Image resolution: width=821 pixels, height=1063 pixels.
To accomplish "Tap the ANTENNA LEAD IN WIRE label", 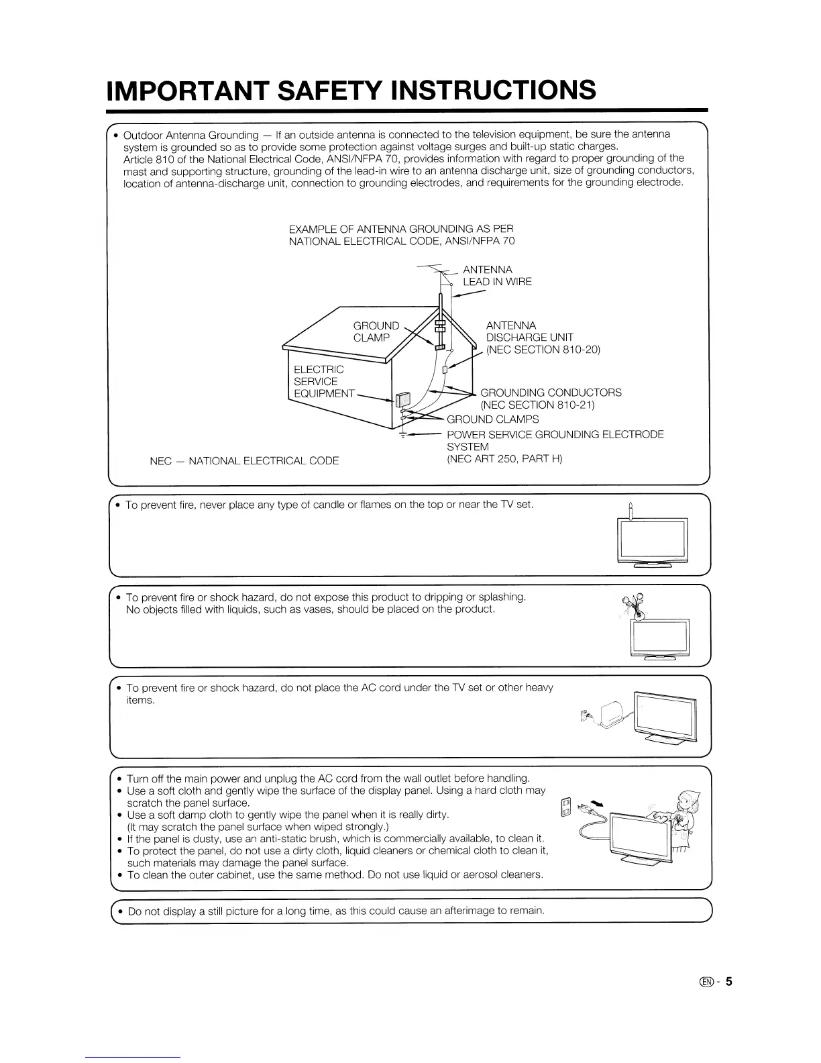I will point(497,276).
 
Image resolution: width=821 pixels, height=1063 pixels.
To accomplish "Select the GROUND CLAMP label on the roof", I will point(376,332).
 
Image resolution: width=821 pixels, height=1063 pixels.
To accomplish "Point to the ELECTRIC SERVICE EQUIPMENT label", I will point(324,381).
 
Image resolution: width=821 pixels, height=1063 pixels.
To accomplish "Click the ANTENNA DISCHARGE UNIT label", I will point(543,338).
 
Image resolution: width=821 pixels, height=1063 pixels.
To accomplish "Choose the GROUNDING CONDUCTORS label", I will point(551,399).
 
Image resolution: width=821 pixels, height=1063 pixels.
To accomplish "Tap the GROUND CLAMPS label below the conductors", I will point(492,419).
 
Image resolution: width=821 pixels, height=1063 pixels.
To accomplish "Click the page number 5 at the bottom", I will point(728,982).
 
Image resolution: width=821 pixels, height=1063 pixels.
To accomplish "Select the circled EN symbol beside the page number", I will point(706,982).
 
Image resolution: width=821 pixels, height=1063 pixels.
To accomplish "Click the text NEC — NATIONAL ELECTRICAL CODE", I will point(244,461).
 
